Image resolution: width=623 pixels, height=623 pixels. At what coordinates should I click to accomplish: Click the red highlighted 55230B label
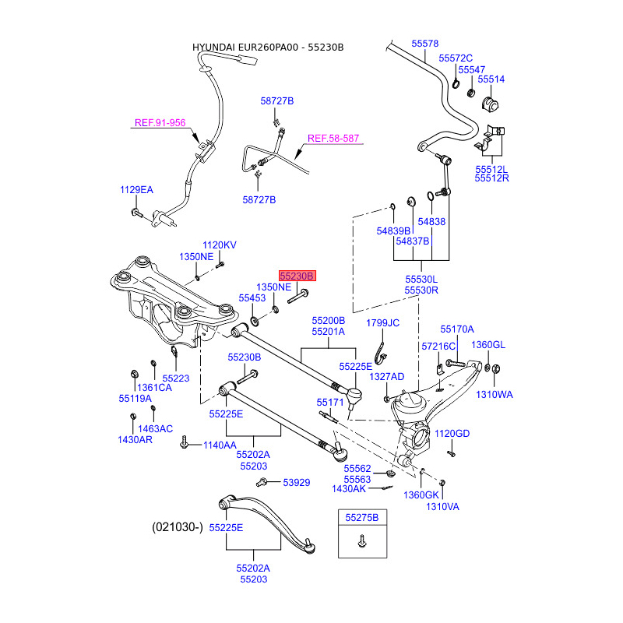click(x=297, y=276)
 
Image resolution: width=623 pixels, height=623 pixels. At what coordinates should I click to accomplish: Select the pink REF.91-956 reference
click(x=160, y=123)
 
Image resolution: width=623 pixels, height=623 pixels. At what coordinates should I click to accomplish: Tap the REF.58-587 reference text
click(x=333, y=139)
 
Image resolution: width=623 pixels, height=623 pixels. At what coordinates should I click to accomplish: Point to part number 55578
click(x=425, y=44)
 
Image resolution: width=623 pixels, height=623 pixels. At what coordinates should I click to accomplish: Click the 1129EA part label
click(x=136, y=190)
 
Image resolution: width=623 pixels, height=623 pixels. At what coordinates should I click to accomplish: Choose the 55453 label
click(x=252, y=298)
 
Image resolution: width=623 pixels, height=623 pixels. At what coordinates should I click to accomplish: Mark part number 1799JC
click(x=382, y=323)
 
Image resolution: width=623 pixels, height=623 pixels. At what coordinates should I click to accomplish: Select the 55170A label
click(x=457, y=329)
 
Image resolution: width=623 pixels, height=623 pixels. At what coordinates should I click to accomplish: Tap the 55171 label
click(x=330, y=403)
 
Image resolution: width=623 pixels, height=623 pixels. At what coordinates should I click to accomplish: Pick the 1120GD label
click(x=452, y=434)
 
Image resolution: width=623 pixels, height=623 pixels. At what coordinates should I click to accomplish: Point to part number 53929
click(x=296, y=483)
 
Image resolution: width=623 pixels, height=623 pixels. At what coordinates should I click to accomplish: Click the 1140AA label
click(x=219, y=445)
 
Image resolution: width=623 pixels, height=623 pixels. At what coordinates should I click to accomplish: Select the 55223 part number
click(x=176, y=378)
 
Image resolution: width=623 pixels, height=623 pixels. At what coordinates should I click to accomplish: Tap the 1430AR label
click(x=136, y=440)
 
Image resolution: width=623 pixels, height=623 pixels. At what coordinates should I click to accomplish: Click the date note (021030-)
click(x=177, y=527)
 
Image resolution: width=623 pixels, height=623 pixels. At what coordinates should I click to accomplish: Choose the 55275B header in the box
click(x=361, y=518)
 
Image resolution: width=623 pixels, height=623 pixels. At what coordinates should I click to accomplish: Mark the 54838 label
click(x=431, y=222)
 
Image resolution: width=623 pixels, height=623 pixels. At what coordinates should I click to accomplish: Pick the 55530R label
click(x=421, y=290)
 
